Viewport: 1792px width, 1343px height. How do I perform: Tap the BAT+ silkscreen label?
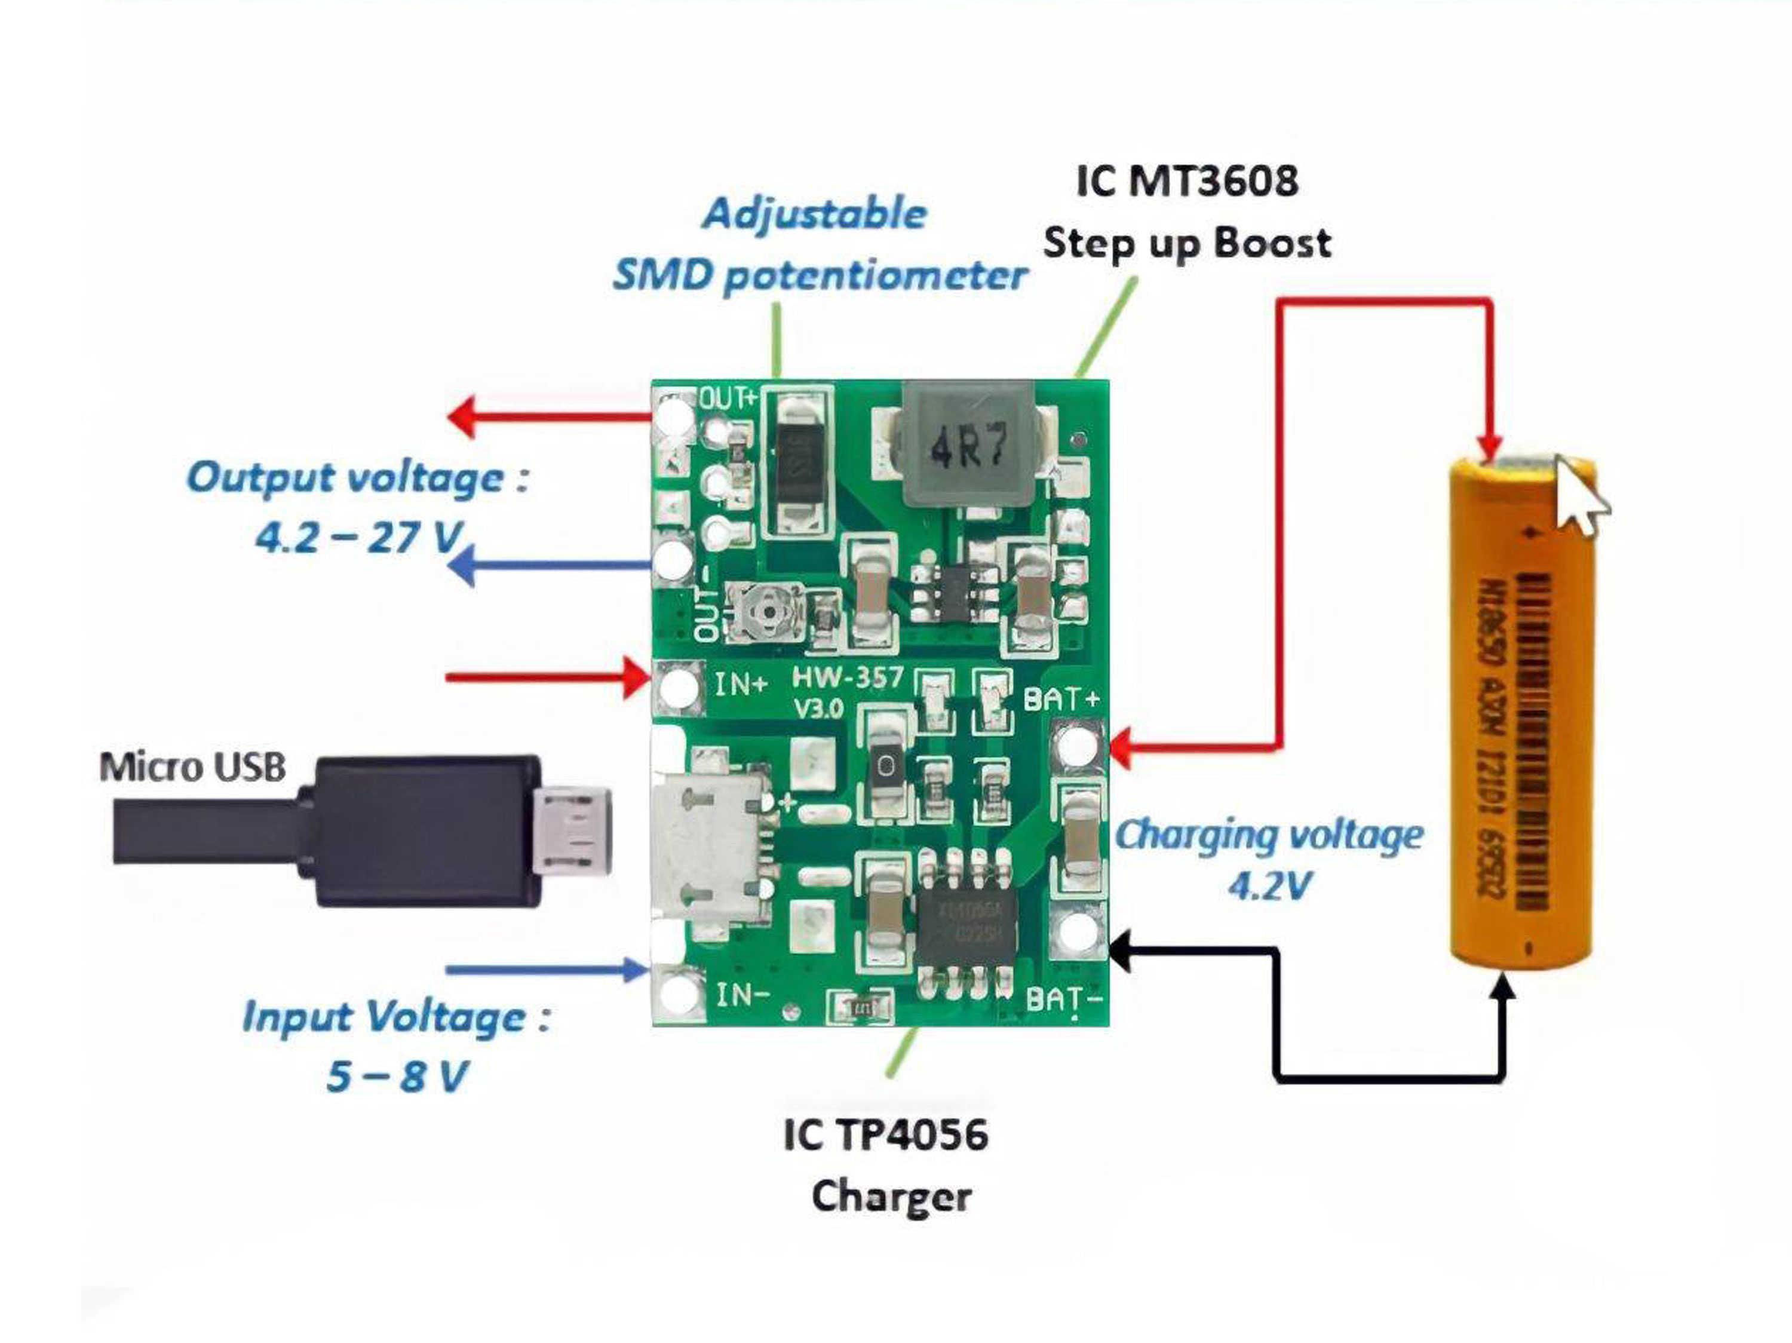click(x=1061, y=698)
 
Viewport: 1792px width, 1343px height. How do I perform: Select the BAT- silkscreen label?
click(x=1063, y=999)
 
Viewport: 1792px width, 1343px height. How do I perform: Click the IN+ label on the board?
click(x=741, y=685)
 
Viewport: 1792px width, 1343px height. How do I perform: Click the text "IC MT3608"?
click(x=1187, y=180)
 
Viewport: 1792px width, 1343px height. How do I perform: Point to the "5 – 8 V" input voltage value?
click(x=397, y=1077)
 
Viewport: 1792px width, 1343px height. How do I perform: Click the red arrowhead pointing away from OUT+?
click(x=464, y=417)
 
